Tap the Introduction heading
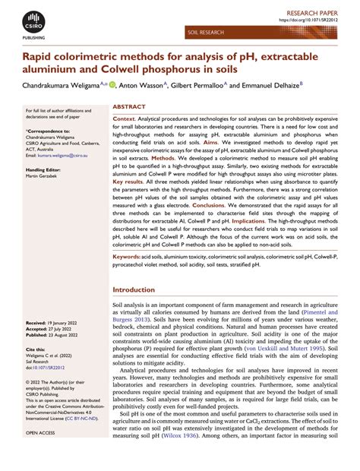point(133,291)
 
